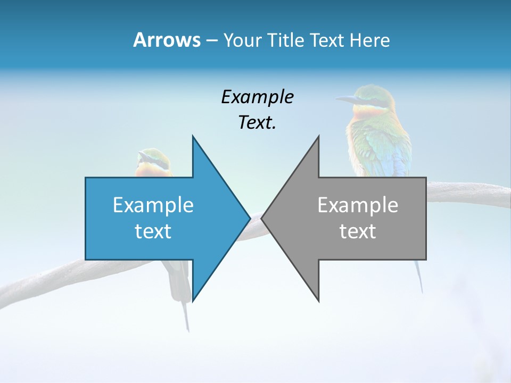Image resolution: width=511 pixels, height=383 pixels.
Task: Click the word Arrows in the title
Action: click(167, 40)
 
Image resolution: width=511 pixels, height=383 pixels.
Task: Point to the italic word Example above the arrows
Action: click(257, 97)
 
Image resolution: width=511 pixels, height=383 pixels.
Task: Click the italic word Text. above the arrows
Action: click(257, 122)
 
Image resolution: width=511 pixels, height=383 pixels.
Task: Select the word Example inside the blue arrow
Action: click(153, 205)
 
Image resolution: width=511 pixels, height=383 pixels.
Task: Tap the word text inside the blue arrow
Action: click(153, 231)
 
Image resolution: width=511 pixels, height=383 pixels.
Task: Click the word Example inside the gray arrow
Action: click(358, 205)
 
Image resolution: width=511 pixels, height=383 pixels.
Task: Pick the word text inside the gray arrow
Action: click(358, 231)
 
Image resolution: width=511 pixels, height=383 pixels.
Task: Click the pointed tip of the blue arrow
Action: click(249, 218)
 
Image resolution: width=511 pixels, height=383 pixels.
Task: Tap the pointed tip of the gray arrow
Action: click(262, 218)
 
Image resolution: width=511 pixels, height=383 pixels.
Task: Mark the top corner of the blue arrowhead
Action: click(193, 137)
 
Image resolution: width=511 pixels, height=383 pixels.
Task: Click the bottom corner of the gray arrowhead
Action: click(319, 301)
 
